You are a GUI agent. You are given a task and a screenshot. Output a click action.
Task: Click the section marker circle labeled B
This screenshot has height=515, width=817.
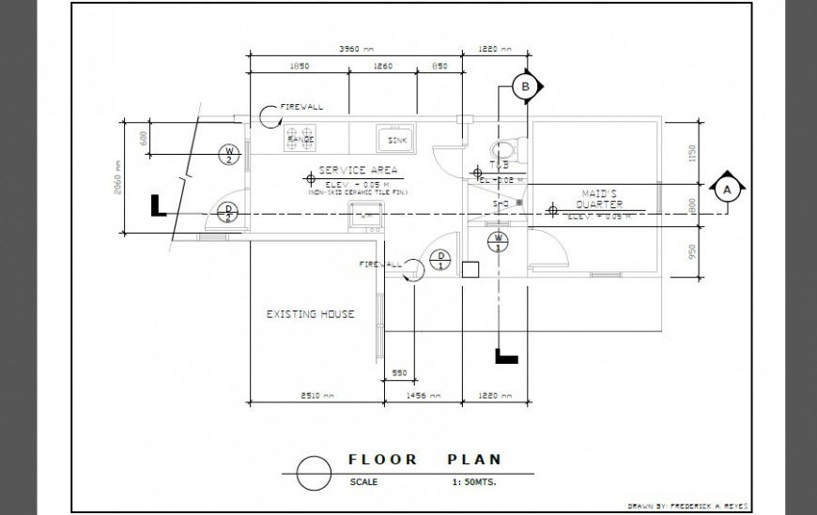(526, 87)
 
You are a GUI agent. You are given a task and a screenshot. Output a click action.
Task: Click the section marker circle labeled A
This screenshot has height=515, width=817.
(725, 189)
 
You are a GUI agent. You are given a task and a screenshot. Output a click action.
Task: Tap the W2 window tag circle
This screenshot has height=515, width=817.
(228, 154)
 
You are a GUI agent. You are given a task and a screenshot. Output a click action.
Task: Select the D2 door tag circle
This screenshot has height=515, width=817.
(227, 212)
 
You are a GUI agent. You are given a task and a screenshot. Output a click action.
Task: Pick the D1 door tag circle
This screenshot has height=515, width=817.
(439, 260)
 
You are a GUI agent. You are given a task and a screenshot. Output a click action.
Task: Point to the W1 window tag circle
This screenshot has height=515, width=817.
(499, 241)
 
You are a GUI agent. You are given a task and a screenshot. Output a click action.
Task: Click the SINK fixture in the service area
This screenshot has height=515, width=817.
(395, 139)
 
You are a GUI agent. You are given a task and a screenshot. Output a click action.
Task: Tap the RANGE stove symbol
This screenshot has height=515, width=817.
(301, 139)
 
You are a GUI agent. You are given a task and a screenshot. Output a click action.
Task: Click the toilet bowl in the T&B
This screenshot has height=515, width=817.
(504, 148)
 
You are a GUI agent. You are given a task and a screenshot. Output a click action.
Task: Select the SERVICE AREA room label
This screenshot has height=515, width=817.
(358, 171)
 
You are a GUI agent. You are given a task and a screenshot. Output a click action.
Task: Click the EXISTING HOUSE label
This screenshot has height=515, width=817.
(310, 314)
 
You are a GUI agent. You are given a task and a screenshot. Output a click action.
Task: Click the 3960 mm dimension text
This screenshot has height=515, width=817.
(355, 49)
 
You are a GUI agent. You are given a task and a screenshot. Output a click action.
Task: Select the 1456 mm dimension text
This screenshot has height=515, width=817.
(424, 396)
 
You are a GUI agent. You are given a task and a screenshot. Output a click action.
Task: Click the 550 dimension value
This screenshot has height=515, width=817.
(398, 373)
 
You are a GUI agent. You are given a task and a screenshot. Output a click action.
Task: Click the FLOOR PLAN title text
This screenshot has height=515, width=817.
(424, 460)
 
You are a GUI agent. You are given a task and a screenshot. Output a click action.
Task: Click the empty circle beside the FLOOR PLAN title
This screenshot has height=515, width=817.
(313, 472)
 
